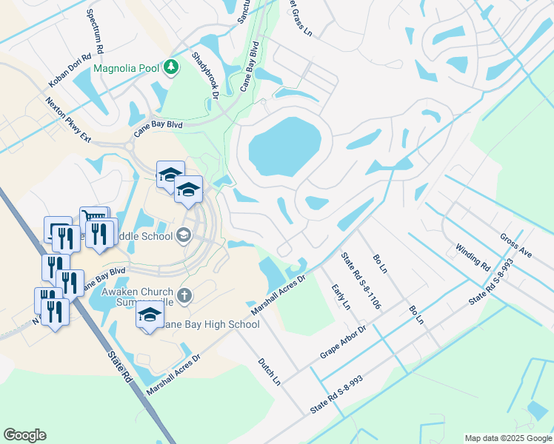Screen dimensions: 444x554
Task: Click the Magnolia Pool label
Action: coord(126,68)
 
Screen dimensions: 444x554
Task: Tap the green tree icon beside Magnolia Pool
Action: coord(171,68)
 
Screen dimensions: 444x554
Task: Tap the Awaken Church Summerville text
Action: coord(137,297)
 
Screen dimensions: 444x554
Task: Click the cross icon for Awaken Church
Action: coord(184,296)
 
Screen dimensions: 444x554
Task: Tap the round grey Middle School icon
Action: coord(183,236)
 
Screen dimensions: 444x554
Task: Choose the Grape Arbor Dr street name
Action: coord(344,342)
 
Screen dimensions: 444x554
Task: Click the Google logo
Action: coord(24,435)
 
